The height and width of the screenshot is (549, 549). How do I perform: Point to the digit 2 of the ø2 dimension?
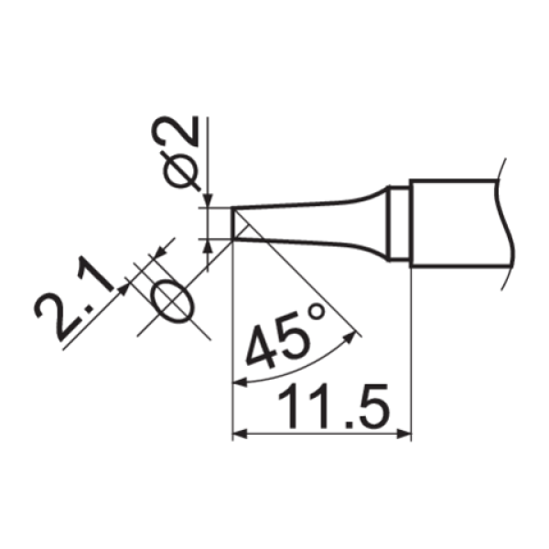(x=182, y=135)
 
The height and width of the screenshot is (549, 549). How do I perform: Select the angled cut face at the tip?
(x=239, y=224)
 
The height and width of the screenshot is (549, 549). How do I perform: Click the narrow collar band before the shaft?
(x=398, y=222)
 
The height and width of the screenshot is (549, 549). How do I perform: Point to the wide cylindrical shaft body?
(x=453, y=222)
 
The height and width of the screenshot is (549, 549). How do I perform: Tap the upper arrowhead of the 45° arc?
(x=351, y=339)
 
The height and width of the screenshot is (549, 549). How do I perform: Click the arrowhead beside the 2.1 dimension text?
(x=122, y=291)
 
